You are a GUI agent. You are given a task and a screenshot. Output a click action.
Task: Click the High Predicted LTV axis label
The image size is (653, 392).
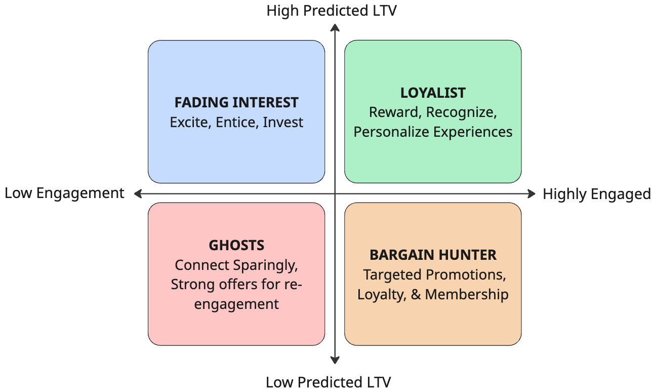point(332,11)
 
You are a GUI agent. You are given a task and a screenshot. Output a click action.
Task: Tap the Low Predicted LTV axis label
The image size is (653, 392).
point(328,382)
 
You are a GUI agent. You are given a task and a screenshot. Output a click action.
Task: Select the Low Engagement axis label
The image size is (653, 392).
point(64,193)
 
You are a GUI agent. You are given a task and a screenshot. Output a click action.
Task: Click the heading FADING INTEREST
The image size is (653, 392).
point(236,103)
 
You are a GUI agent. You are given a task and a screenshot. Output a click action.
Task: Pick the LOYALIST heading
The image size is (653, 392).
point(433,93)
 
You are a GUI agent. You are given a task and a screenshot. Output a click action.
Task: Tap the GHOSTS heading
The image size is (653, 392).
point(236,245)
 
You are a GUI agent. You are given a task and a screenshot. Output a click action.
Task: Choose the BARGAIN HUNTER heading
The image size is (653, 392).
point(433,255)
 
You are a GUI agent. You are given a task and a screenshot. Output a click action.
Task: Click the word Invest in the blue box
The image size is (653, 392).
point(283,122)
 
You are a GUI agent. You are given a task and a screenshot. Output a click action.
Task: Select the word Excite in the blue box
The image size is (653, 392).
point(190,123)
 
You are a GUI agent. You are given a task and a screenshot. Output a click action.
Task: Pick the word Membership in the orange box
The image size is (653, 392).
point(466,294)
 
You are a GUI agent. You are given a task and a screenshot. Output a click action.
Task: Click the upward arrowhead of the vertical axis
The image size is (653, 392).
point(335,28)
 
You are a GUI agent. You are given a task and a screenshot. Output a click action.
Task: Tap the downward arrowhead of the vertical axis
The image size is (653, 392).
point(335,360)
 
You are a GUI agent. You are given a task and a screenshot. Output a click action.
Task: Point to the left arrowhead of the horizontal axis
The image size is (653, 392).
point(138,193)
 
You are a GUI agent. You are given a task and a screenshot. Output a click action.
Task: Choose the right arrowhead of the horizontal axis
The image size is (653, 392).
point(532,193)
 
